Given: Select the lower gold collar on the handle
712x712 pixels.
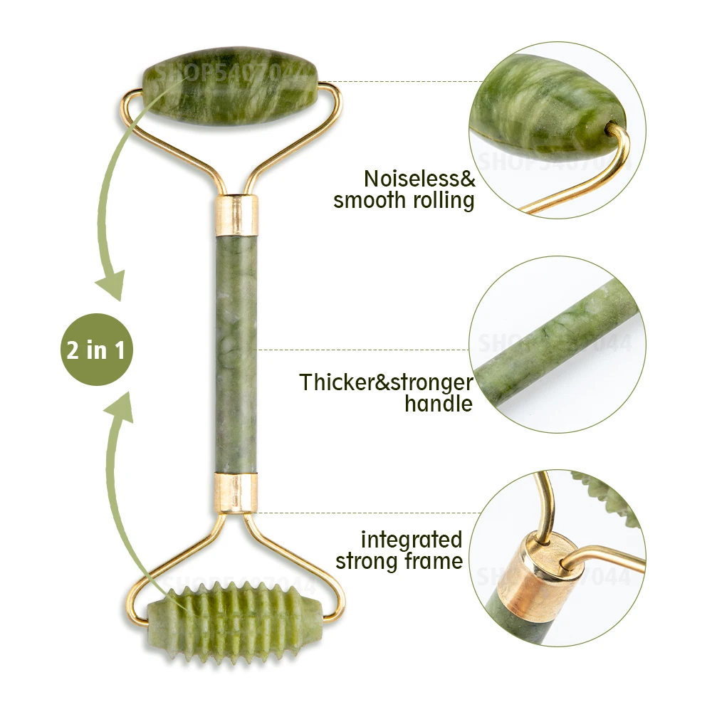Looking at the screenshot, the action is click(x=234, y=493).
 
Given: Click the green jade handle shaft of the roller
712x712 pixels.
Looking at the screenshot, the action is click(x=235, y=352).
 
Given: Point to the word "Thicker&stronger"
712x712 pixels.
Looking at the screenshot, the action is click(x=386, y=382).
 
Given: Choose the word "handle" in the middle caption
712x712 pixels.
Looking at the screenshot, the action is click(x=438, y=404).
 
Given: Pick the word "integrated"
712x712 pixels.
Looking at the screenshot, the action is click(x=411, y=539).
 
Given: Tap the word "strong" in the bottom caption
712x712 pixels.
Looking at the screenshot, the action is click(x=367, y=561).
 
